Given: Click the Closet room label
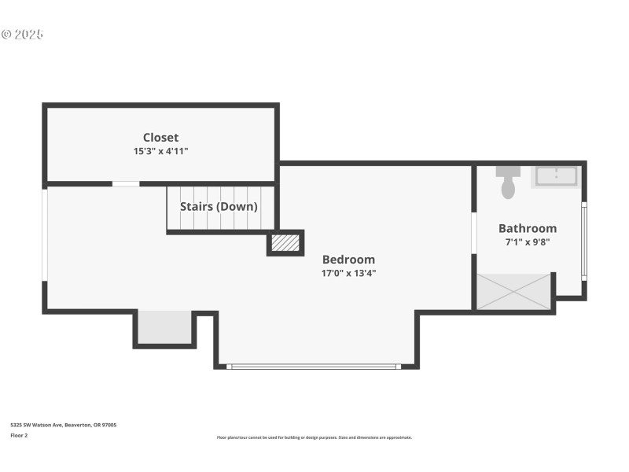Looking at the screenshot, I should pyautogui.click(x=160, y=138).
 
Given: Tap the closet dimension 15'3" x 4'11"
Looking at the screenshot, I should pyautogui.click(x=160, y=151).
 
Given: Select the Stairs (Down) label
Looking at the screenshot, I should pyautogui.click(x=219, y=207).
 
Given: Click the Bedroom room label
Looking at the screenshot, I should pyautogui.click(x=348, y=260).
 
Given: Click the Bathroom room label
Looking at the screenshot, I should pyautogui.click(x=527, y=228).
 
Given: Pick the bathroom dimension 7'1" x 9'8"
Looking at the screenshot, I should pyautogui.click(x=527, y=242).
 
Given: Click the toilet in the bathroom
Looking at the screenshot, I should pyautogui.click(x=508, y=183).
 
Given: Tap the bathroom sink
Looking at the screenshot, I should pyautogui.click(x=557, y=176).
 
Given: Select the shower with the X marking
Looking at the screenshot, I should pyautogui.click(x=513, y=291).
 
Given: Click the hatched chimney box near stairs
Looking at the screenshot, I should pyautogui.click(x=285, y=243).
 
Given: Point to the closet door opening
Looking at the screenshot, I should pyautogui.click(x=126, y=184).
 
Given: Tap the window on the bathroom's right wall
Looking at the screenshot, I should pyautogui.click(x=583, y=242).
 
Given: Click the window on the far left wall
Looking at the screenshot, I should pyautogui.click(x=45, y=234).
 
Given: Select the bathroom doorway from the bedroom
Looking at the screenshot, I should pyautogui.click(x=473, y=233).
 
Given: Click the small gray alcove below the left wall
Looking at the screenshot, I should pyautogui.click(x=164, y=327).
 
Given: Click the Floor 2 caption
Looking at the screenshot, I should pyautogui.click(x=19, y=435).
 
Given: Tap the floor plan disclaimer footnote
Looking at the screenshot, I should pyautogui.click(x=314, y=437).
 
